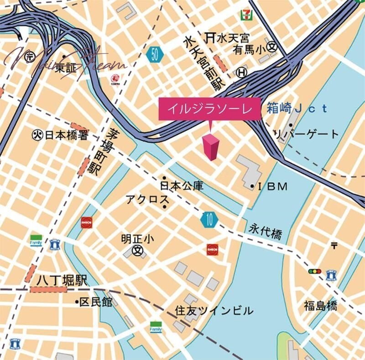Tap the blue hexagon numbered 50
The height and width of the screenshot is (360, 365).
156,56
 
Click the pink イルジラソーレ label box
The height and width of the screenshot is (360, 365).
209,109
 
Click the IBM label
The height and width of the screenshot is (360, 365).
273,186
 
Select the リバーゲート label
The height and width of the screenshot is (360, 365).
306,134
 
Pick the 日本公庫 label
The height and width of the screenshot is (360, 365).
182,186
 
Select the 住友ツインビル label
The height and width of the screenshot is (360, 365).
214,311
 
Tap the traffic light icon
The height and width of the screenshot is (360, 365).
315,271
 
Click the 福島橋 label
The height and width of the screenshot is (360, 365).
321,305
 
